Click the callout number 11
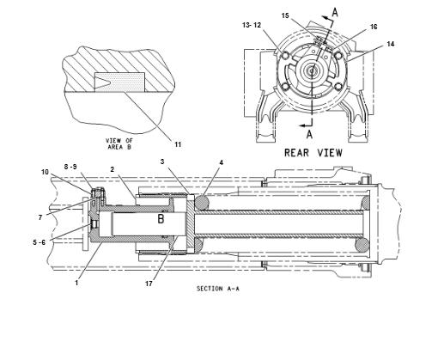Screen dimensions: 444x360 178,144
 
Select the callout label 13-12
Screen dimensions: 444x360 252,25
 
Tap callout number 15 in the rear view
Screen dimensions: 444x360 285,15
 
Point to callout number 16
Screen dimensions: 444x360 374,27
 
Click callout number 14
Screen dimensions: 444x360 391,44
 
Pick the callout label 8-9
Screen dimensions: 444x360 70,167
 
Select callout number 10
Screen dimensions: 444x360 45,172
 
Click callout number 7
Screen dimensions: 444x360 40,217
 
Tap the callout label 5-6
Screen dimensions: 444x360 40,242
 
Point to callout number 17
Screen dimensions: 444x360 149,284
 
